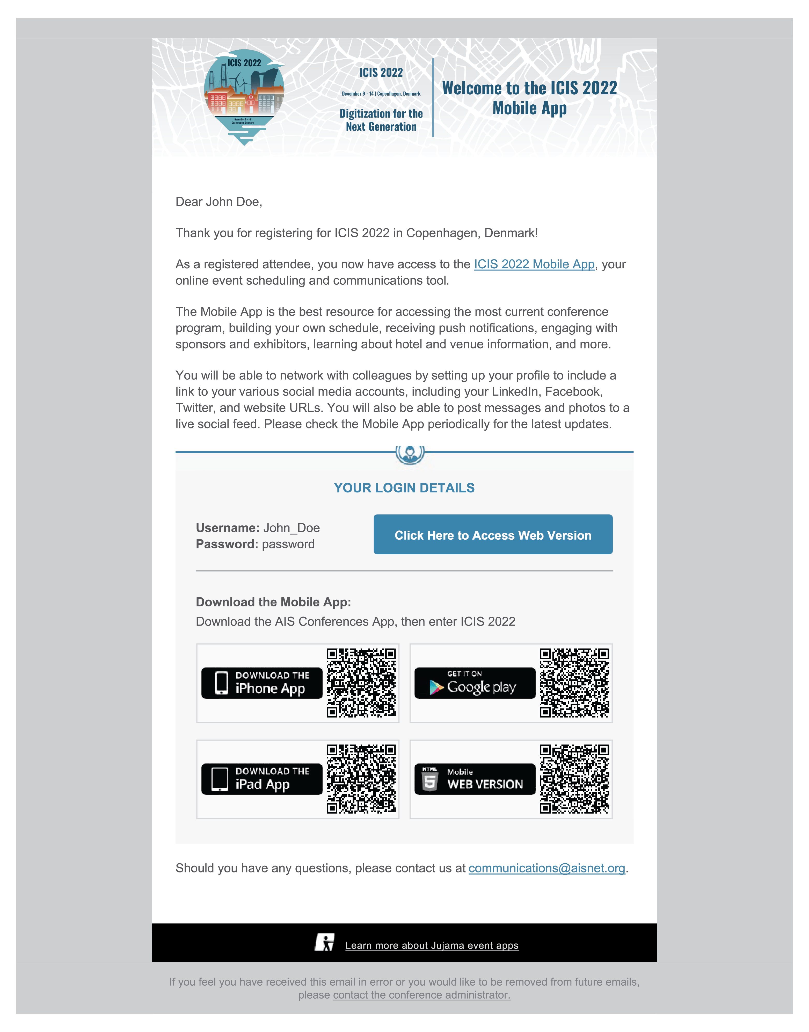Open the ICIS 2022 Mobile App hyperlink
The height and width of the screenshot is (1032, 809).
pos(534,264)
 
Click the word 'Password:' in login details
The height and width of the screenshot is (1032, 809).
pos(227,544)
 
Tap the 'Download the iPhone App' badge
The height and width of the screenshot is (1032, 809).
pos(261,683)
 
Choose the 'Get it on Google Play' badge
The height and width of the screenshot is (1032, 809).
pos(475,683)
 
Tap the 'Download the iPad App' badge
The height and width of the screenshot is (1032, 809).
pos(261,778)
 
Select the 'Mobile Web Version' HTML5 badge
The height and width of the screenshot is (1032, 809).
pos(475,778)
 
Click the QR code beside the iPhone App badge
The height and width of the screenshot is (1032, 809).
pos(361,683)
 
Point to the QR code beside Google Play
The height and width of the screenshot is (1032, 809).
pos(574,683)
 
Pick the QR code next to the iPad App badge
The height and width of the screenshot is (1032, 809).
pos(361,778)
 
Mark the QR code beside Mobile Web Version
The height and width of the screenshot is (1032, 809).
pos(574,778)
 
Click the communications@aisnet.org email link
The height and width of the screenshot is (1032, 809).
pos(546,868)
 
